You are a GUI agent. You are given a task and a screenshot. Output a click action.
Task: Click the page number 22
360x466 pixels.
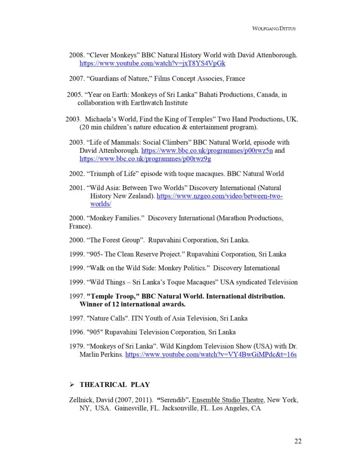[x=298, y=441]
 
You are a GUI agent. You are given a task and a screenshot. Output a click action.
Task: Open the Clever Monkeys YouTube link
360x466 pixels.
[x=152, y=63]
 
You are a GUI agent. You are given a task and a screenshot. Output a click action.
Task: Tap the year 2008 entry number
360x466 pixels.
[x=76, y=55]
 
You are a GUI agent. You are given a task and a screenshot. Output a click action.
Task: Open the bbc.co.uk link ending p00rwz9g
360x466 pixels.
[x=145, y=159]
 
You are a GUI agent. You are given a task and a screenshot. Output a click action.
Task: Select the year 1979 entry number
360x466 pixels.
[x=76, y=346]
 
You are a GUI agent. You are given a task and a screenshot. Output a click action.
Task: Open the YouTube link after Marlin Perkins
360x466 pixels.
[x=211, y=354]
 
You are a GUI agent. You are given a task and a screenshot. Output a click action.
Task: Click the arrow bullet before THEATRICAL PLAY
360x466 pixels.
[x=71, y=385]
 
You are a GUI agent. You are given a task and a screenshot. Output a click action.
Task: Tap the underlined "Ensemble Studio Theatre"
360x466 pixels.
[x=228, y=400]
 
